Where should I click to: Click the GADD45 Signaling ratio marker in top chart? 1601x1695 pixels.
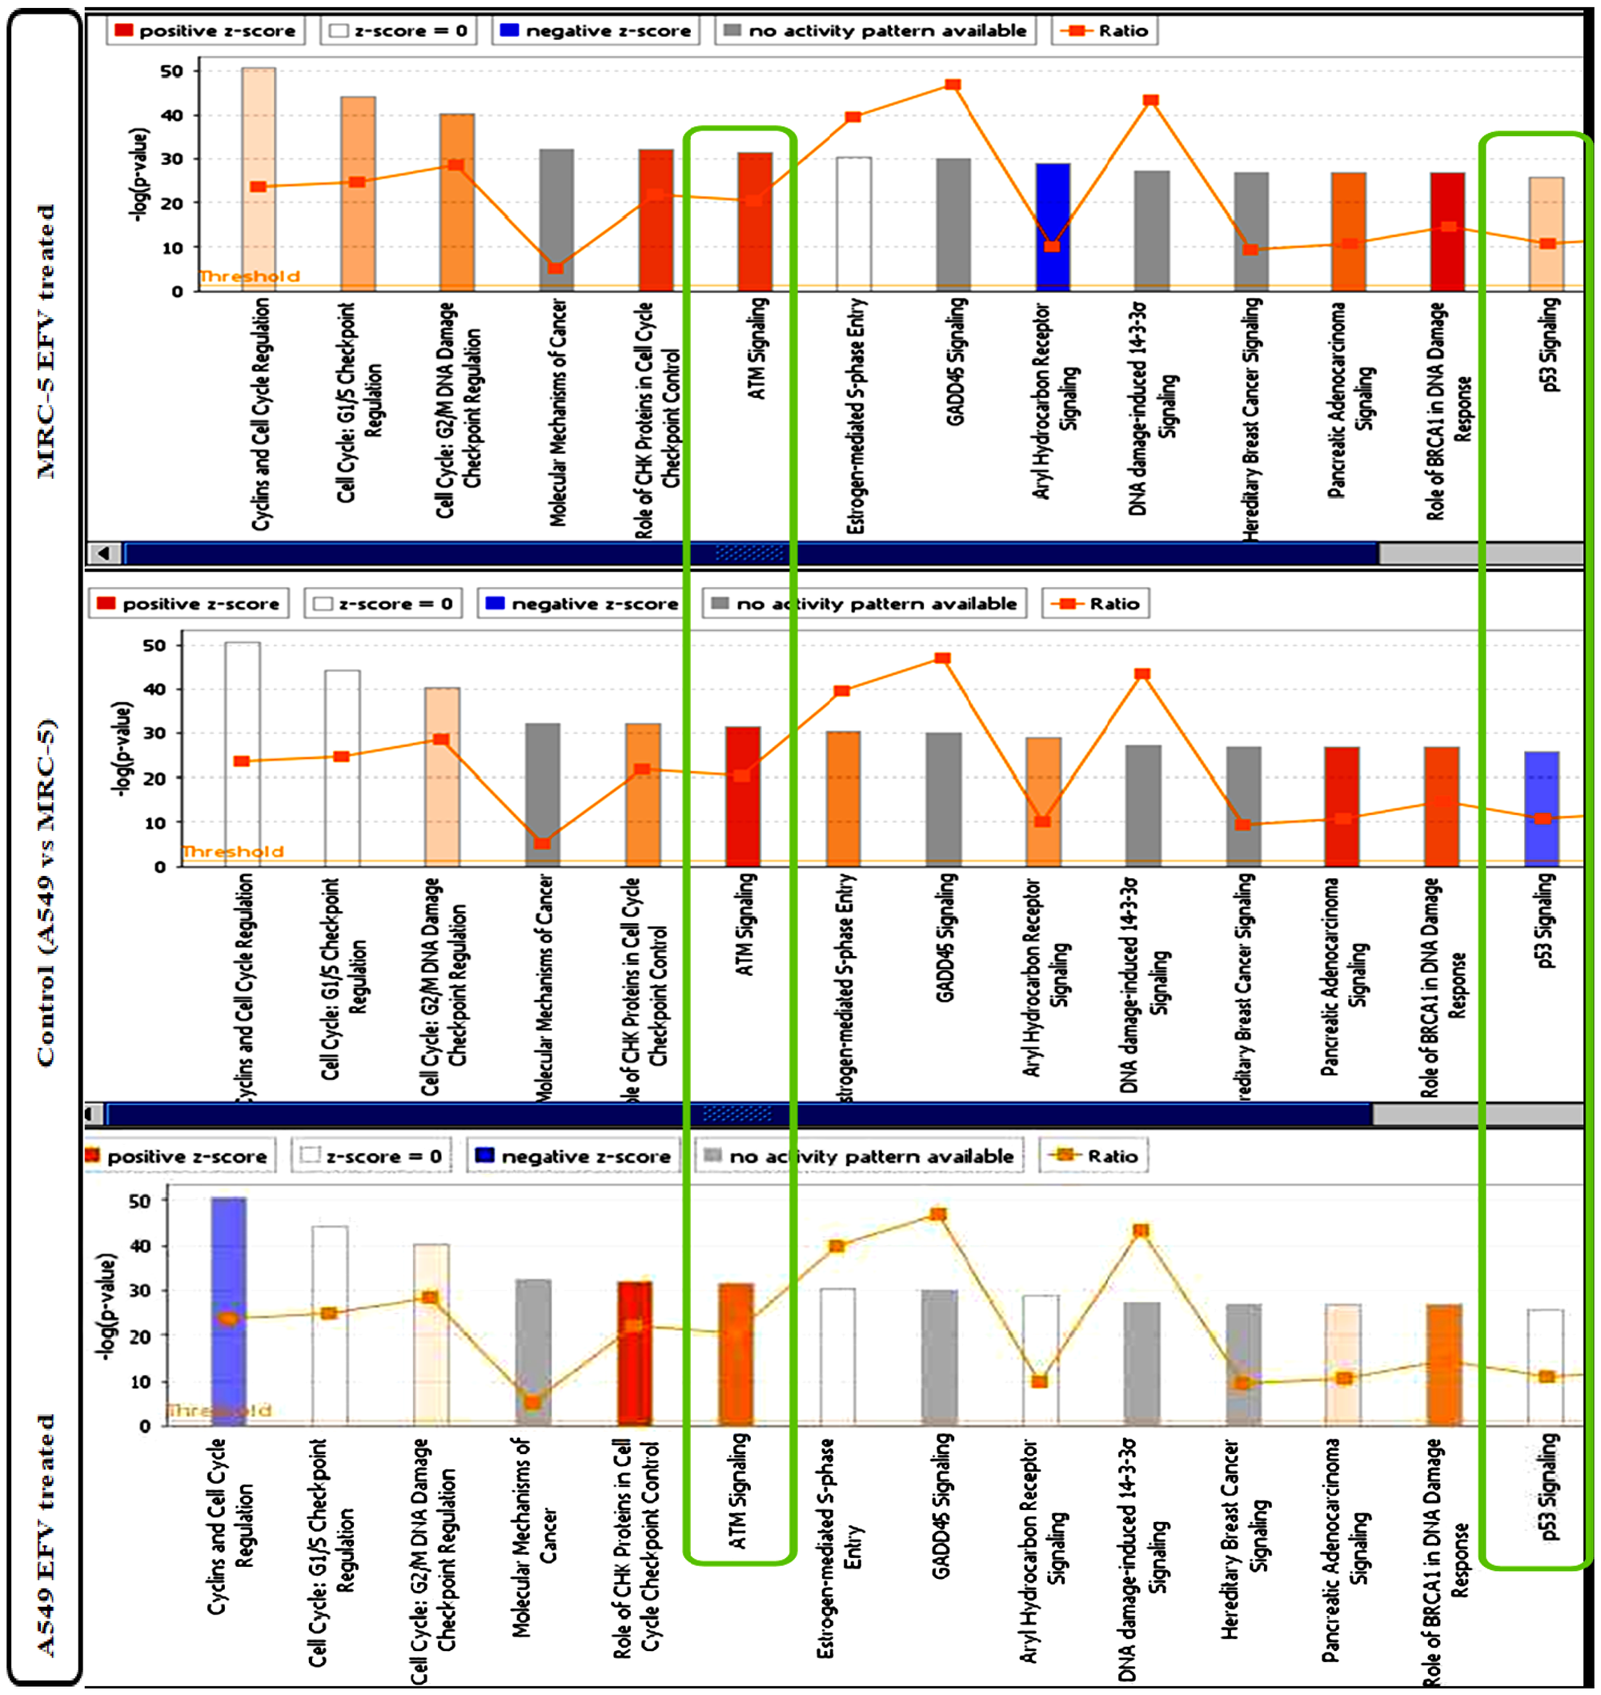point(953,86)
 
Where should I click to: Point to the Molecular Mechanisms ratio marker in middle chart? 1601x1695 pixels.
point(542,843)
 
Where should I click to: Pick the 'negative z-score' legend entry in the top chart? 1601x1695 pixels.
point(596,30)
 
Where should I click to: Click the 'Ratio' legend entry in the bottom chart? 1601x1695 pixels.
point(1095,1155)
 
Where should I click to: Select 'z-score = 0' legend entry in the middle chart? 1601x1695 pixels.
point(383,604)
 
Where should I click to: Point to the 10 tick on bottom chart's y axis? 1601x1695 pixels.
point(140,1381)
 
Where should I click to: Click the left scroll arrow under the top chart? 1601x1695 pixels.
point(104,553)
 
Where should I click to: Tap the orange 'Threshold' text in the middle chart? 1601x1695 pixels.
point(233,851)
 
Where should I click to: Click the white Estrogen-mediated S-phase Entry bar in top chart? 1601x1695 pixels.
point(853,223)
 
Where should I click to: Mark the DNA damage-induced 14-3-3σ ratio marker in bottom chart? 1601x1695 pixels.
point(1140,1231)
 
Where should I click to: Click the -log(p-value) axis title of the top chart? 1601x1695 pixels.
point(139,175)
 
